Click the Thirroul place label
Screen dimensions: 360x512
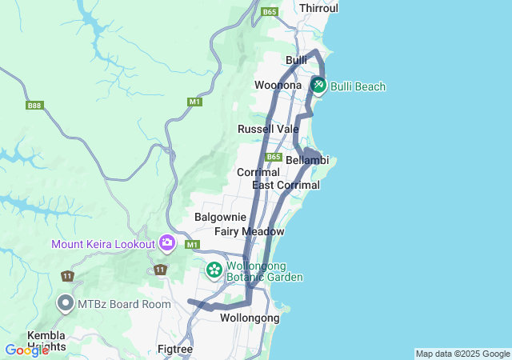[318, 8]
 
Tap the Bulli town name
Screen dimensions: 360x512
[297, 61]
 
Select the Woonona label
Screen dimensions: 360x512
[278, 86]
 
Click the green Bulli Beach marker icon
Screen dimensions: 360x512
[318, 85]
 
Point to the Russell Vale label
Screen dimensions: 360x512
[268, 129]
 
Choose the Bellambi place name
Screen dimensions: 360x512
[307, 160]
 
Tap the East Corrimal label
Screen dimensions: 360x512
[286, 186]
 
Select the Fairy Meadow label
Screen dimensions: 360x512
[249, 232]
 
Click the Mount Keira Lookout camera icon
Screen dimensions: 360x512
[167, 242]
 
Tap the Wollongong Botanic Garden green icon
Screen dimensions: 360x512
[214, 270]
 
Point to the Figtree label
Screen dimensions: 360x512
[175, 350]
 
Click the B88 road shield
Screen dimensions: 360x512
[34, 105]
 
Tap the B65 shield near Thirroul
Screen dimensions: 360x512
[270, 12]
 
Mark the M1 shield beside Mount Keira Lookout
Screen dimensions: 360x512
[192, 244]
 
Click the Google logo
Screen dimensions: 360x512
[26, 350]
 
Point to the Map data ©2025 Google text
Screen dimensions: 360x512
[462, 354]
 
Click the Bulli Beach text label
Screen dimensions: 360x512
[358, 86]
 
